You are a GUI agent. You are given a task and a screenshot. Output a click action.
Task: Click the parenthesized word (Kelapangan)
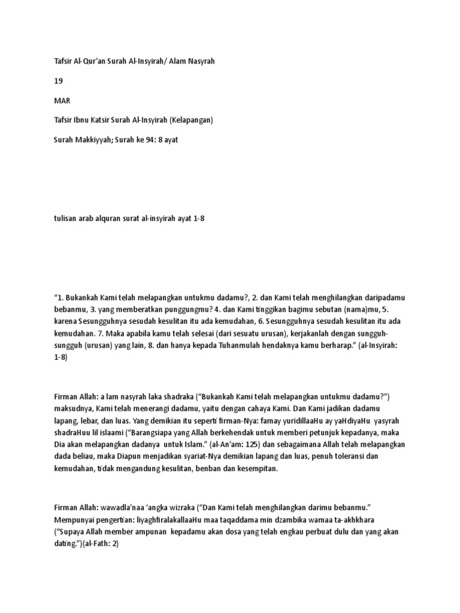(191, 120)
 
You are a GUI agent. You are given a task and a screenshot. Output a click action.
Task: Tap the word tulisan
(65, 219)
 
